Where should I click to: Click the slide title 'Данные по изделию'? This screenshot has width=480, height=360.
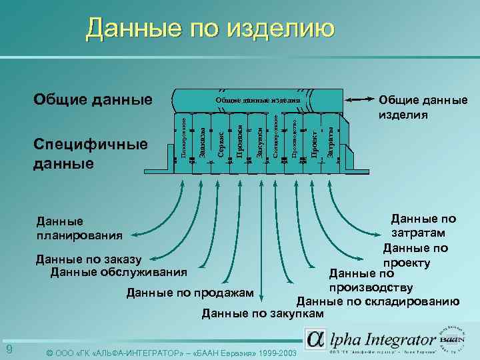(x=209, y=28)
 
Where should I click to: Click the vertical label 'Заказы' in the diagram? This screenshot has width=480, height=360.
(x=202, y=143)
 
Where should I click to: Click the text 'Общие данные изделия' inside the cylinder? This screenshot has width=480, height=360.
(x=257, y=101)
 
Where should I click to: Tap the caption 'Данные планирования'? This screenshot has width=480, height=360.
(x=79, y=227)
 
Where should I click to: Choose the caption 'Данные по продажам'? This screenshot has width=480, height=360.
(x=190, y=293)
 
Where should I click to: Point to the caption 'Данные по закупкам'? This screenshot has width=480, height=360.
(x=263, y=313)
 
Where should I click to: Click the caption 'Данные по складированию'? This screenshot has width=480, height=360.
(x=378, y=301)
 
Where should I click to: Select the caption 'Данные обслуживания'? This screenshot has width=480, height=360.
(x=119, y=271)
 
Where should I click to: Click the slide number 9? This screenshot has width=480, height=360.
(x=9, y=350)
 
